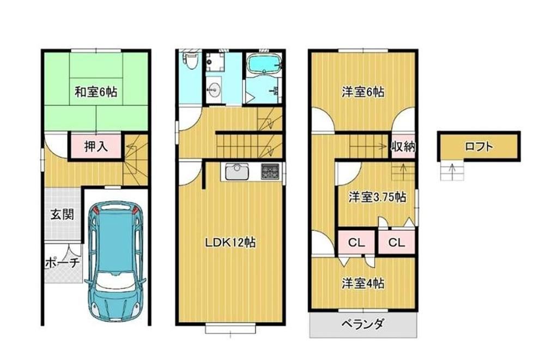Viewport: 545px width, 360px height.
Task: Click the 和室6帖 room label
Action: point(96,93)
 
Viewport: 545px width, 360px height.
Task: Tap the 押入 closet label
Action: point(96,147)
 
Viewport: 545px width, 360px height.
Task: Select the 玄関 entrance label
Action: point(62,214)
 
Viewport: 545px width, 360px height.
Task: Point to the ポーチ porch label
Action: point(63,262)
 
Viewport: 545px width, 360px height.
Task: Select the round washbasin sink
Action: point(214,91)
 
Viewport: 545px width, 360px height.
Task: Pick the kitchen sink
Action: point(237,171)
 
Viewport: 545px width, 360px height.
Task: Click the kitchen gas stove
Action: point(270,171)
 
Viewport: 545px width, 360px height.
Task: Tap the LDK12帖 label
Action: point(230,242)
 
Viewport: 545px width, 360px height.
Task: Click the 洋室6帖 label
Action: point(363,93)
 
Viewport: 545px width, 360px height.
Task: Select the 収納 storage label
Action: point(403,147)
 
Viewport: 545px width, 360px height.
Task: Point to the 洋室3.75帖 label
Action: point(378,197)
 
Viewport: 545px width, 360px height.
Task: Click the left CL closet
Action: point(356,242)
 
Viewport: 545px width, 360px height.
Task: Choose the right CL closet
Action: point(397,242)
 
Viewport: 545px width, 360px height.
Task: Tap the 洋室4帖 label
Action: point(363,284)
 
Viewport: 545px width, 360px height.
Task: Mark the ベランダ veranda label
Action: point(362,324)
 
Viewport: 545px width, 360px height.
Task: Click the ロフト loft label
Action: point(479,146)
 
